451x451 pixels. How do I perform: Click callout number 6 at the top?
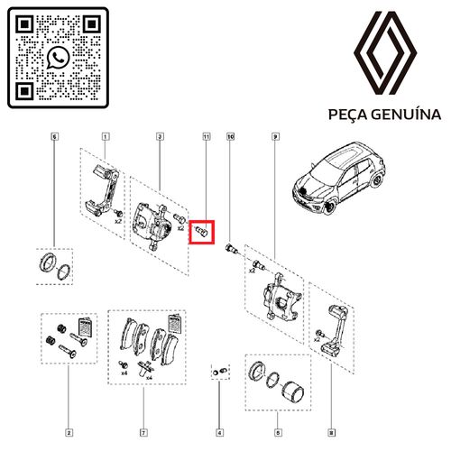coord(54,136)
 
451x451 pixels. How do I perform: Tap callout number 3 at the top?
coord(159,136)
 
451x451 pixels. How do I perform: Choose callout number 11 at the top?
coord(206,136)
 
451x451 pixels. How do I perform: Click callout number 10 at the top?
coord(231,136)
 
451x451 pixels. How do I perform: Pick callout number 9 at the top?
coord(273,136)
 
